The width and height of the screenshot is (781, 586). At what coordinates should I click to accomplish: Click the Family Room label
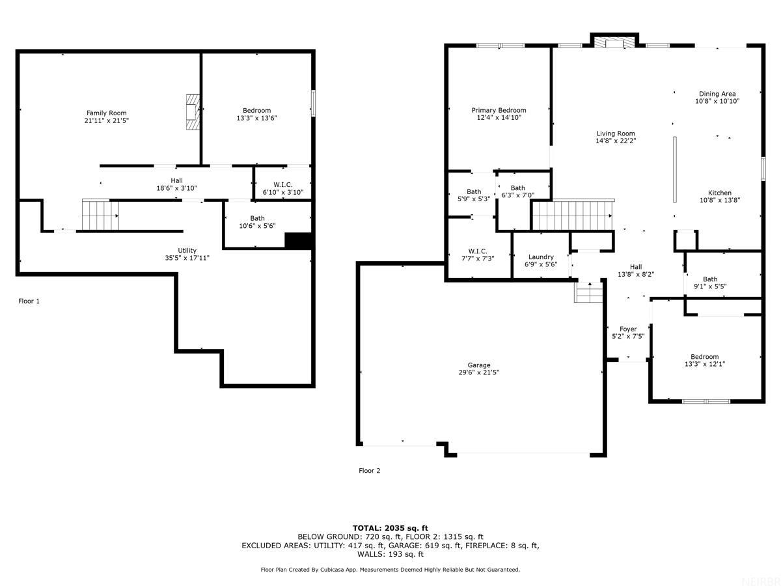coord(107,113)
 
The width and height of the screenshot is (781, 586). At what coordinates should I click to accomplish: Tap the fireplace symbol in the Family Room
coord(192,113)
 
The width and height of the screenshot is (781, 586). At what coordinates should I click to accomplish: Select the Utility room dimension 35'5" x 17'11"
coord(187,258)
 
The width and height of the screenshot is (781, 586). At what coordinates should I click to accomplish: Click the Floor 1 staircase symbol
coord(100,215)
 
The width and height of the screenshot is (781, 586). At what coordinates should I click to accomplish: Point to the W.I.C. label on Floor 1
coord(282,185)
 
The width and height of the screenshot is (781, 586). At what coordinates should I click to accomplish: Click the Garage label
coord(478,365)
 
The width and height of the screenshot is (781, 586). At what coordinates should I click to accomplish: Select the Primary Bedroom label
coord(499,110)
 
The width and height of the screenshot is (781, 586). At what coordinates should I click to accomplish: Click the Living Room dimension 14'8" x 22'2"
coord(615,141)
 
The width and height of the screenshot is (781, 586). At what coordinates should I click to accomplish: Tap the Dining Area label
coord(717,94)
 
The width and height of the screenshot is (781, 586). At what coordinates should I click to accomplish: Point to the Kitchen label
coord(720,193)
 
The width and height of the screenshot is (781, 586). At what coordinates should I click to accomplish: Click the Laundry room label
coord(541,257)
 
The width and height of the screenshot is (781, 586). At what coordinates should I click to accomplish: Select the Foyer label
coord(628,329)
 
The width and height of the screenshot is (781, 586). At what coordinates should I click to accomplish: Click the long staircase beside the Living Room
coord(572,215)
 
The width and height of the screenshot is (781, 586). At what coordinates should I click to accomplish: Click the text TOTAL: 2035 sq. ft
coord(390,527)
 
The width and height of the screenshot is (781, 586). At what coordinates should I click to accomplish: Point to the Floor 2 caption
coord(369,470)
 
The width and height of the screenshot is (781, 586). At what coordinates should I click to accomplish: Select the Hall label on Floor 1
coord(176,180)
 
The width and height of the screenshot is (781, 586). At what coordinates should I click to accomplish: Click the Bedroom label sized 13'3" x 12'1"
coord(705,356)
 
